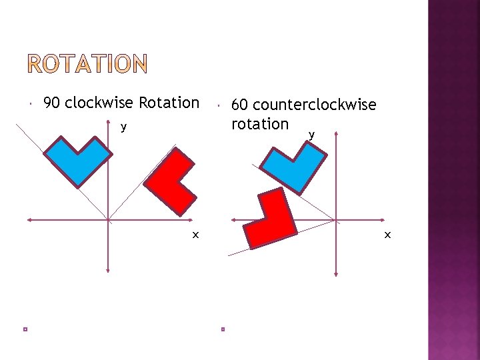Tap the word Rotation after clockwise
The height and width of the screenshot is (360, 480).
click(169, 103)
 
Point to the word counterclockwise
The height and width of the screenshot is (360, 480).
click(315, 105)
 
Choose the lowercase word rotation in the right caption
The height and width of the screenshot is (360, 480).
click(259, 124)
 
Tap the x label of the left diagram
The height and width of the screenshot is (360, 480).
click(195, 235)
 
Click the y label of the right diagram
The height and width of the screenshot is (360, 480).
click(311, 135)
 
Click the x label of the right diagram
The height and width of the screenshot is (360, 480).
click(387, 235)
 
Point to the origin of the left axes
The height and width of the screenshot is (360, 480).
click(108, 219)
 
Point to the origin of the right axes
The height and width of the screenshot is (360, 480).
click(335, 220)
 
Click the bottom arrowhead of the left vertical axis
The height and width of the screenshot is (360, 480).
click(108, 269)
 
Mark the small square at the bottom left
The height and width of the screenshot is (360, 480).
click(24, 329)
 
